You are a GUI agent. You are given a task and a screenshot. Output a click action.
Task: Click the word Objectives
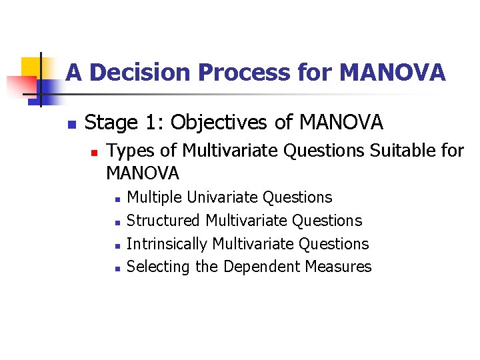(227, 123)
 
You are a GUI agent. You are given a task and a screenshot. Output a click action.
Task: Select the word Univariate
(223, 197)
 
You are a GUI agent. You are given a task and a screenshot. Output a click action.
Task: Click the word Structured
(163, 221)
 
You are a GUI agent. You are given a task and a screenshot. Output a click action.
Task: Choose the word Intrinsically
(167, 244)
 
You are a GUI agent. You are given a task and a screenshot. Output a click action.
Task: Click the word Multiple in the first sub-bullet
(155, 197)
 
